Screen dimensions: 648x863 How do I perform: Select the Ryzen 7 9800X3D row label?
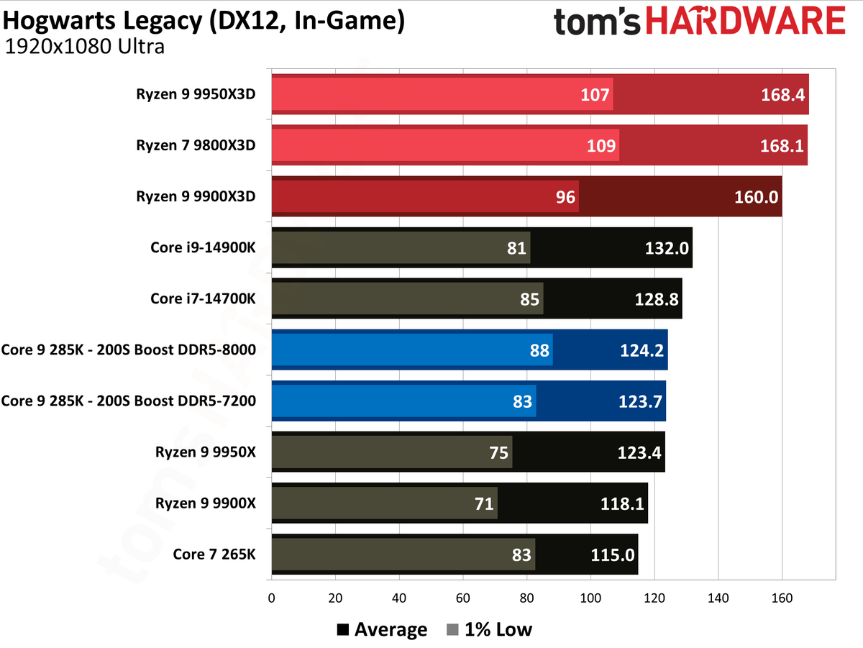tap(196, 145)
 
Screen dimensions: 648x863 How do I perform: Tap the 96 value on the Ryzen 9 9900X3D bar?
tap(566, 196)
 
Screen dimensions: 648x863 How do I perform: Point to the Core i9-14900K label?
tap(203, 247)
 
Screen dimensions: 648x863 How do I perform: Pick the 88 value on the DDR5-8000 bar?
tap(539, 350)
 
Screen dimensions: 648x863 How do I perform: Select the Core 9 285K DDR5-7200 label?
tap(129, 401)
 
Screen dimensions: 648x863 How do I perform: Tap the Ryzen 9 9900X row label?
tap(205, 503)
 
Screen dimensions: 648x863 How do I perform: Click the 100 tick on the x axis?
tap(590, 598)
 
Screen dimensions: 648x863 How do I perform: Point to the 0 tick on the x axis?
tap(271, 598)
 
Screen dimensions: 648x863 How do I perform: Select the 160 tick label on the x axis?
tap(782, 598)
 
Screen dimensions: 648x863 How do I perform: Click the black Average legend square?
tap(343, 631)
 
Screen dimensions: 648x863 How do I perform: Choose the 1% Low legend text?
tap(498, 630)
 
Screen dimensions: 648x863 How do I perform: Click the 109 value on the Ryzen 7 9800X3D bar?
tap(601, 145)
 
